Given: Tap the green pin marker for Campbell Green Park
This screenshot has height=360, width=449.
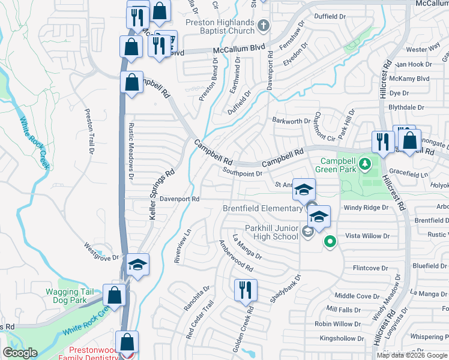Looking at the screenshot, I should pyautogui.click(x=364, y=163).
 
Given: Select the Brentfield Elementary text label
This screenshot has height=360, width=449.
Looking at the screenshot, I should pyautogui.click(x=262, y=208).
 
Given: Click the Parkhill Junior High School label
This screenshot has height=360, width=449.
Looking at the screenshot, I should pyautogui.click(x=271, y=232).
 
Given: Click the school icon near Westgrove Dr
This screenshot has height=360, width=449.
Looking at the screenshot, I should pyautogui.click(x=137, y=265).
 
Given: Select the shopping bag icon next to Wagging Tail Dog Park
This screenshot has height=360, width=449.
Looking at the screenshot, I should pyautogui.click(x=114, y=295).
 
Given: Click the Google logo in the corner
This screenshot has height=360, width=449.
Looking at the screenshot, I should pyautogui.click(x=20, y=353).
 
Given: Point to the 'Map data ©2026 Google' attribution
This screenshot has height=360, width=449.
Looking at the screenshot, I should pyautogui.click(x=412, y=355).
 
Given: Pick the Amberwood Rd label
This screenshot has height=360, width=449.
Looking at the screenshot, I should pyautogui.click(x=236, y=256).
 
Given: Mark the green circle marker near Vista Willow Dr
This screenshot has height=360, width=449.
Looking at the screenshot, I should pyautogui.click(x=329, y=242).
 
